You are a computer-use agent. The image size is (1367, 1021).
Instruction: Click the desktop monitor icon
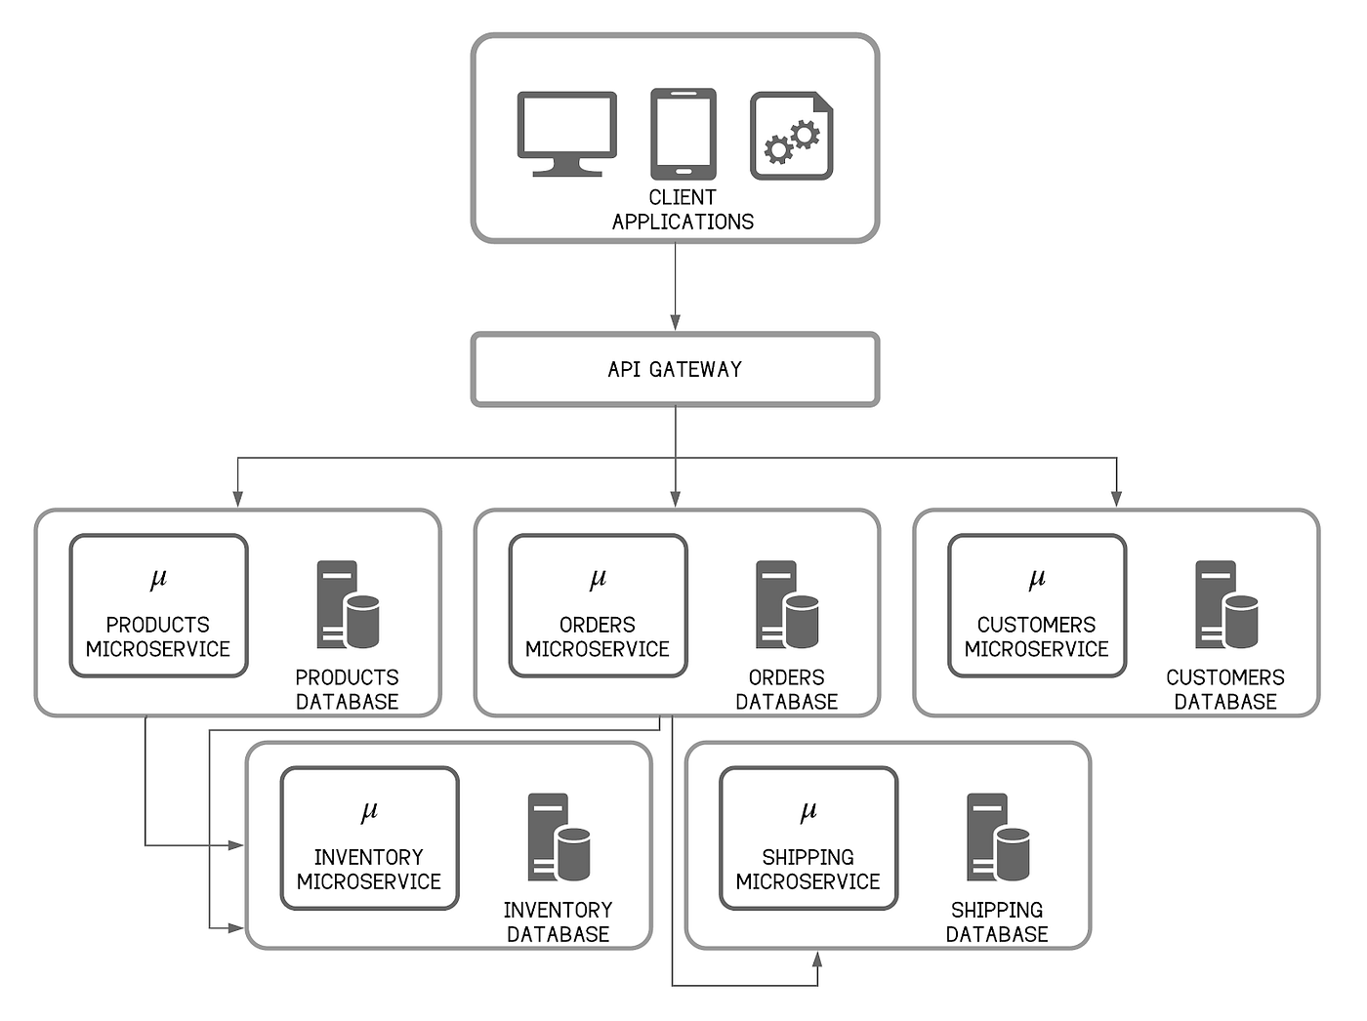pyautogui.click(x=566, y=134)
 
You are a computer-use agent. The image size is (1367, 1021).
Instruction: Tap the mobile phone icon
pyautogui.click(x=683, y=134)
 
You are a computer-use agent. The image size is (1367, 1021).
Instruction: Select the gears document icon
pyautogui.click(x=792, y=136)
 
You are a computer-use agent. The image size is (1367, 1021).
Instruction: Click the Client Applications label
pyautogui.click(x=683, y=210)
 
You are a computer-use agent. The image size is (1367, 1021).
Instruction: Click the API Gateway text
pyautogui.click(x=675, y=370)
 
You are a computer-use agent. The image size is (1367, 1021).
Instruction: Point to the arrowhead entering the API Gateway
pyautogui.click(x=675, y=323)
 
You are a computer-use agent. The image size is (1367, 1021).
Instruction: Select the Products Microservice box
pyautogui.click(x=158, y=606)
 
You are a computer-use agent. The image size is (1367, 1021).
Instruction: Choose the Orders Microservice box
pyautogui.click(x=598, y=606)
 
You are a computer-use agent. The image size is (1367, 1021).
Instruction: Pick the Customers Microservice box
pyautogui.click(x=1036, y=606)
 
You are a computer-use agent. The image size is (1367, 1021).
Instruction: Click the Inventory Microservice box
pyautogui.click(x=369, y=838)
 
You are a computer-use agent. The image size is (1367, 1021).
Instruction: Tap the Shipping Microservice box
pyautogui.click(x=808, y=838)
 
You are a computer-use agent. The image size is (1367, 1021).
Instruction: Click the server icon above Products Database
pyautogui.click(x=348, y=605)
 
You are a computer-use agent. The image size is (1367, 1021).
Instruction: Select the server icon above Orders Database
pyautogui.click(x=787, y=605)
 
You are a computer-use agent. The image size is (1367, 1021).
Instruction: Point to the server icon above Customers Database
pyautogui.click(x=1226, y=605)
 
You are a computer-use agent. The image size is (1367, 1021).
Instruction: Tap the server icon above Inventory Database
pyautogui.click(x=559, y=837)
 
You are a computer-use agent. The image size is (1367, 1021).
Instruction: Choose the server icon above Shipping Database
pyautogui.click(x=998, y=837)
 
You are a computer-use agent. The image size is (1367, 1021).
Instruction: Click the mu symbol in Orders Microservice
pyautogui.click(x=598, y=579)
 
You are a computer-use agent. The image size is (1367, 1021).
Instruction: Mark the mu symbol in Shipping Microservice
pyautogui.click(x=808, y=811)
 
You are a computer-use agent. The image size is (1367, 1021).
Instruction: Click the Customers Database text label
pyautogui.click(x=1225, y=689)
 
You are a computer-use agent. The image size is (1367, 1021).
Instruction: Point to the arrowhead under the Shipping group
pyautogui.click(x=817, y=960)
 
